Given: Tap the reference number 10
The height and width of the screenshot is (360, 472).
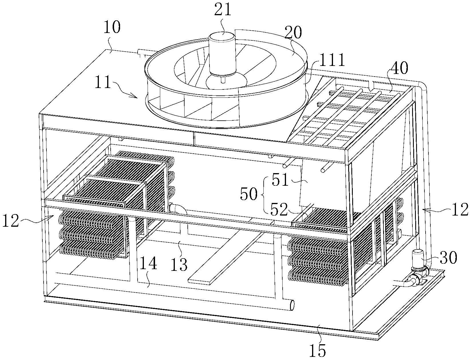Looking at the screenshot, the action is pyautogui.click(x=112, y=28).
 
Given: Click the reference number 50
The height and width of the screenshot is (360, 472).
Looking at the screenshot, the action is pyautogui.click(x=249, y=194).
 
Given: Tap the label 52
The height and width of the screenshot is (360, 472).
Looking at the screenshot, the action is pyautogui.click(x=279, y=210).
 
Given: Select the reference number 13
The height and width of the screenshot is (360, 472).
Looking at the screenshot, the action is pyautogui.click(x=179, y=264).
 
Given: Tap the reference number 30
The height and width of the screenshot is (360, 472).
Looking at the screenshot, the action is pyautogui.click(x=448, y=258).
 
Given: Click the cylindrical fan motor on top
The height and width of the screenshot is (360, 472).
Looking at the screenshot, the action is pyautogui.click(x=223, y=54).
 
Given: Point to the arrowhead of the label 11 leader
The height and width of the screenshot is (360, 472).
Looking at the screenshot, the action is pyautogui.click(x=137, y=98).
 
